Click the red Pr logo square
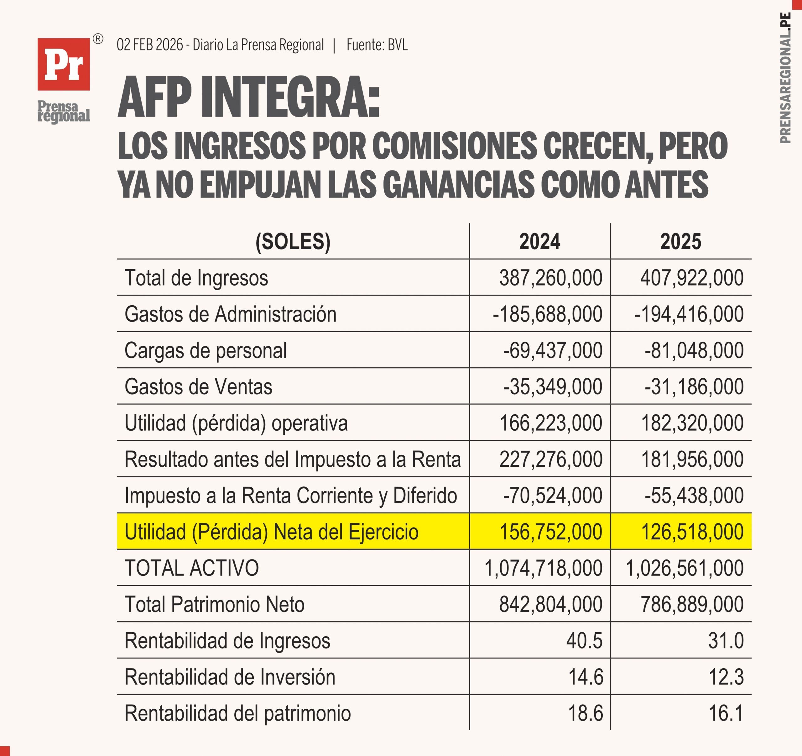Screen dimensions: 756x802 click(64, 64)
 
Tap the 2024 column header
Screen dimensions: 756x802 click(539, 242)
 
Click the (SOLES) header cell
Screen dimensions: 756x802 click(293, 242)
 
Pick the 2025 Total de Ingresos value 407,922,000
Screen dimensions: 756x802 click(691, 278)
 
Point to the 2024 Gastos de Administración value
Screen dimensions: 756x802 click(547, 314)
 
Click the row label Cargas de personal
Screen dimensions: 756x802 click(205, 350)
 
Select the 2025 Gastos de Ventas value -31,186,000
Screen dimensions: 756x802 click(694, 387)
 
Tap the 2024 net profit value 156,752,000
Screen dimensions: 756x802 click(551, 532)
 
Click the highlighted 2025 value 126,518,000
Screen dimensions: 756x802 click(692, 532)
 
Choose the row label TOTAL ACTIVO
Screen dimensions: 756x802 click(192, 568)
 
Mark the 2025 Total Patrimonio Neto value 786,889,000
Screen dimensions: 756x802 click(692, 604)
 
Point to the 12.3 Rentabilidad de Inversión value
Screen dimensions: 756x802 click(726, 677)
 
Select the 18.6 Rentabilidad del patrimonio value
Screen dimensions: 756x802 click(585, 713)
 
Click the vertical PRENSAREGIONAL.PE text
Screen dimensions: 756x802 click(785, 78)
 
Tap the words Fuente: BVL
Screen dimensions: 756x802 click(377, 45)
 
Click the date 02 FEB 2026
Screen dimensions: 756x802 click(150, 45)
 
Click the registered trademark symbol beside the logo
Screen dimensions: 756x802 click(98, 39)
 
